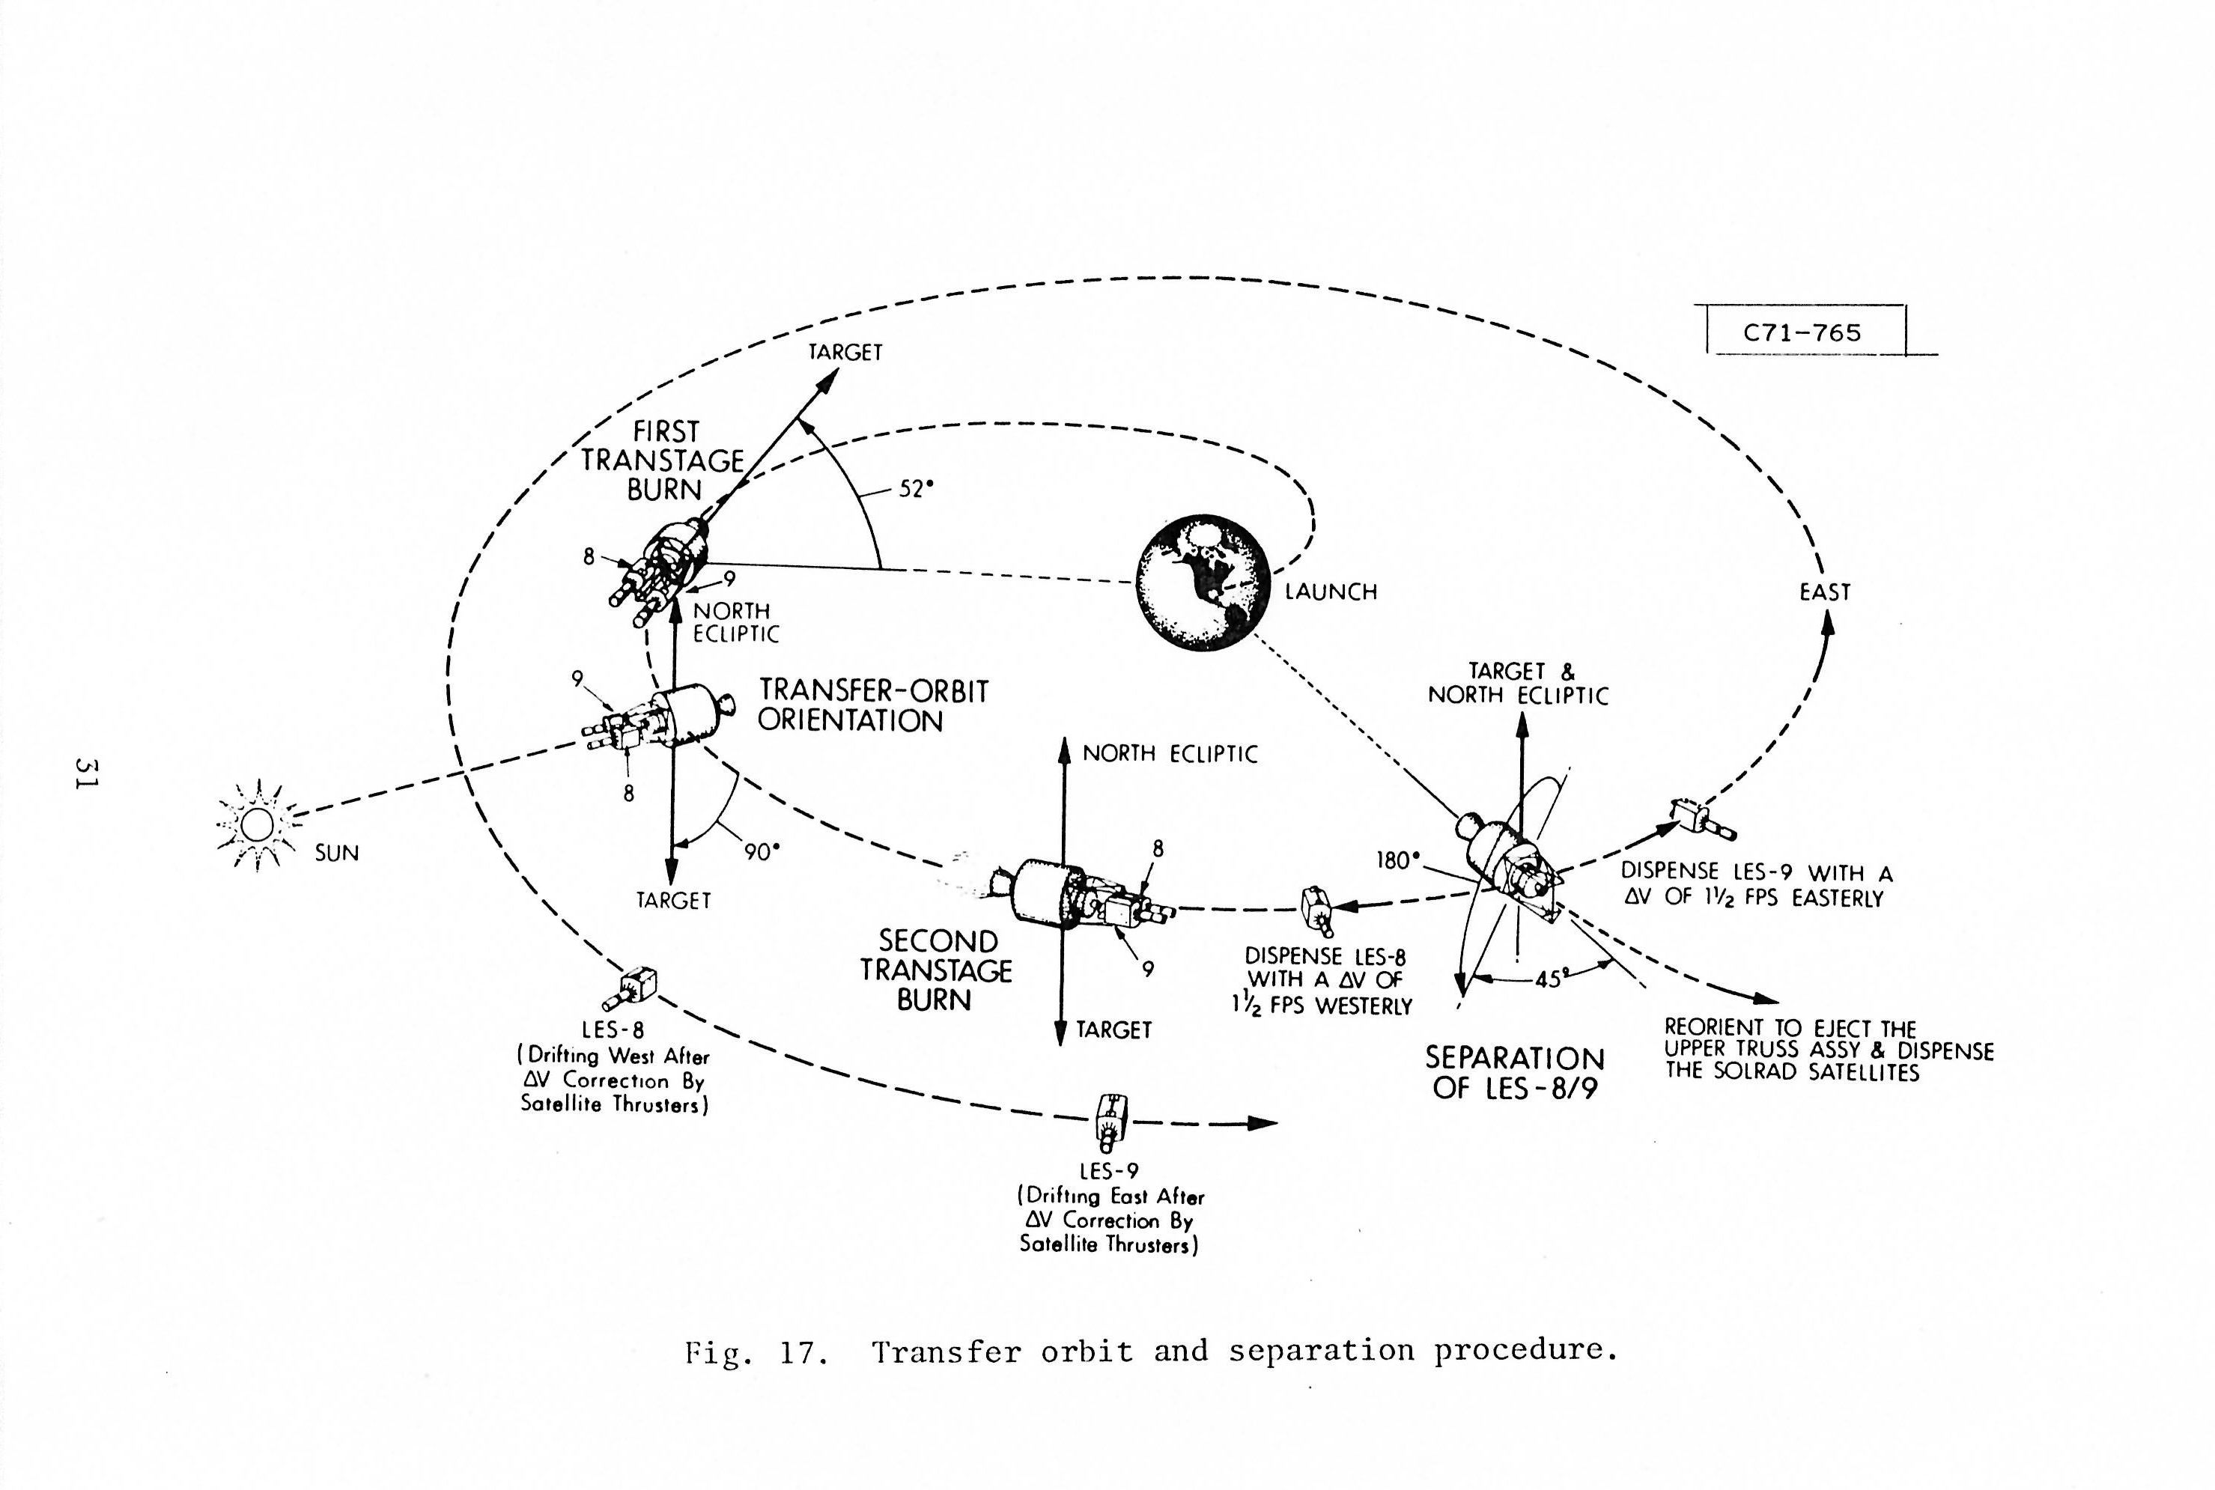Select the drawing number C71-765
tap(1802, 332)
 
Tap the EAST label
tap(1824, 592)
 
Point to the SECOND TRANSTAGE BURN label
tap(936, 970)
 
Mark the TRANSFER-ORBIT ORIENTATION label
tap(872, 705)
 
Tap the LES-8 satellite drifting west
tap(633, 988)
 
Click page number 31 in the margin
tap(88, 773)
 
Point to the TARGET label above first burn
tap(845, 353)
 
